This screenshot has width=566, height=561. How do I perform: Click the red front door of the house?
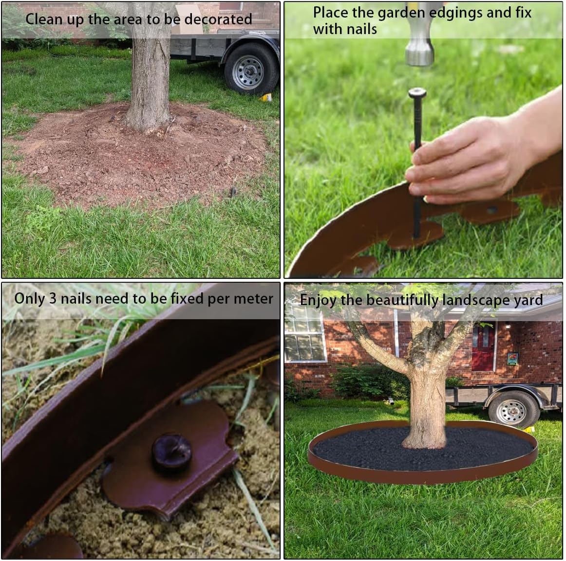[x=483, y=348]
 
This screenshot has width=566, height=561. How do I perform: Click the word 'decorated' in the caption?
[x=218, y=19]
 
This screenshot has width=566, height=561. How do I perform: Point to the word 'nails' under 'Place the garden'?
[x=361, y=29]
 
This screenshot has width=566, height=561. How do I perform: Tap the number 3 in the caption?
[x=53, y=299]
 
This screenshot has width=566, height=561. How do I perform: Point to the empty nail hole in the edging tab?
[x=491, y=210]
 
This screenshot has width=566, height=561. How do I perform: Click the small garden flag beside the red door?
[x=512, y=359]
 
